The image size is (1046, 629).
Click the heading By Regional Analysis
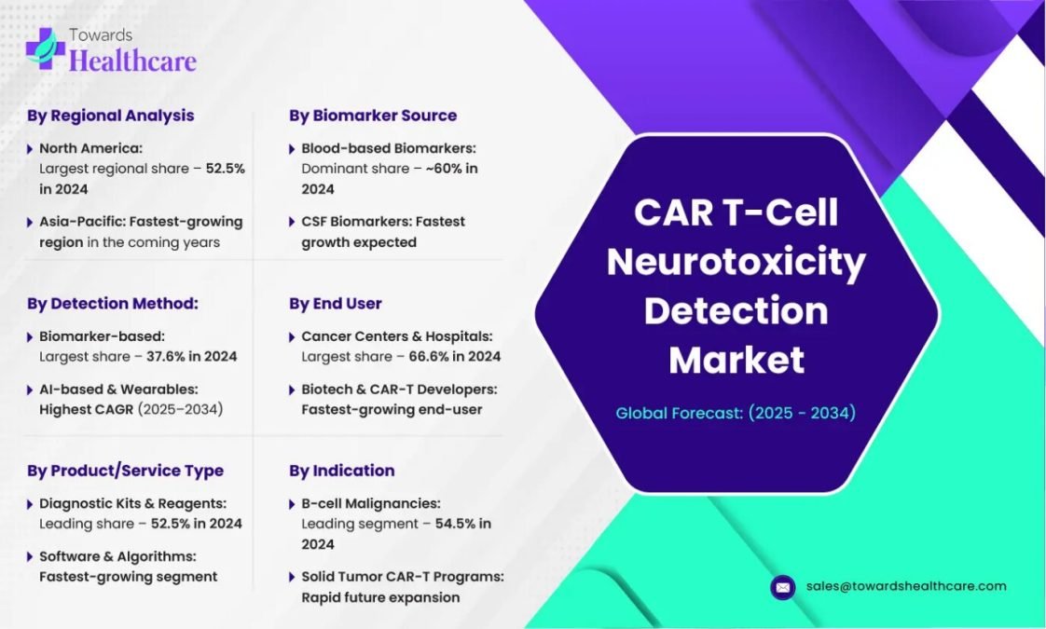click(111, 116)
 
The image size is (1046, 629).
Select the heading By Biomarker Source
click(373, 116)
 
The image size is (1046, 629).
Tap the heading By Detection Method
click(113, 304)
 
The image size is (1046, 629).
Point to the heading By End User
click(336, 304)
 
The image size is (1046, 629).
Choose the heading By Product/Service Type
click(126, 471)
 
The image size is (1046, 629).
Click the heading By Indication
click(342, 471)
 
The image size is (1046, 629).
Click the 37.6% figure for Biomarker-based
click(165, 357)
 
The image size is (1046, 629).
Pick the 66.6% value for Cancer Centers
click(428, 357)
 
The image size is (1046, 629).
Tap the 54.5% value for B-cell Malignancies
click(454, 525)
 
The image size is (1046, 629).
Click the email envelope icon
click(783, 588)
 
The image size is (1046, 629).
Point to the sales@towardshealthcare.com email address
click(906, 586)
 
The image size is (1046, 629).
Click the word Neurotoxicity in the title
click(736, 262)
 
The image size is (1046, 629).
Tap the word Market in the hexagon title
click(736, 360)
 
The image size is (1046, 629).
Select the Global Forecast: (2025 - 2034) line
click(736, 413)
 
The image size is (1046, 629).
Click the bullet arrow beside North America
click(29, 149)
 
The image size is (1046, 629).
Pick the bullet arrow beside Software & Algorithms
click(29, 557)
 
